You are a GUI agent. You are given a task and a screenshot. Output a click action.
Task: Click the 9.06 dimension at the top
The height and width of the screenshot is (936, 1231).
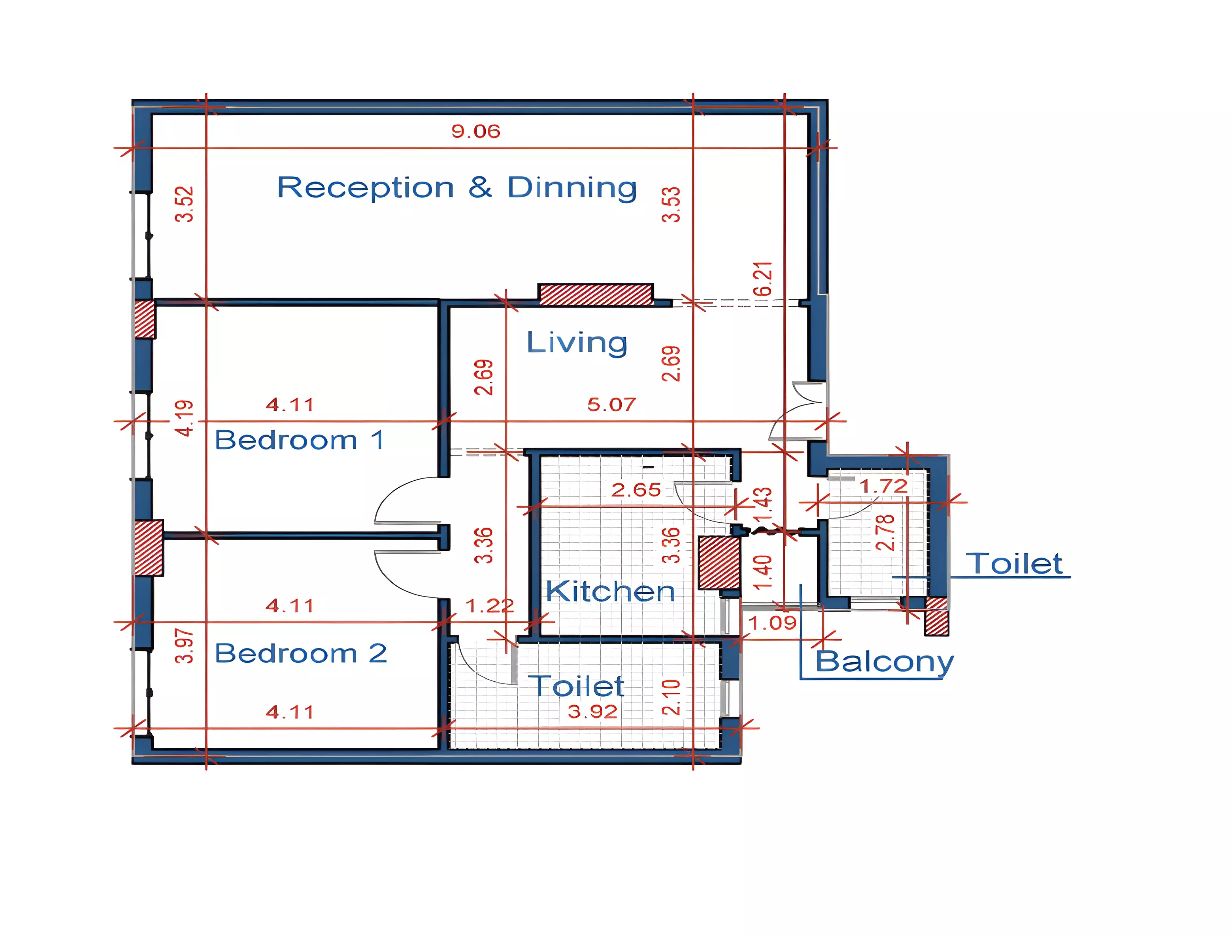point(475,132)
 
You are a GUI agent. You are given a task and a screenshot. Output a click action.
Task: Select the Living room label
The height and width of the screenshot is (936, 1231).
point(577,342)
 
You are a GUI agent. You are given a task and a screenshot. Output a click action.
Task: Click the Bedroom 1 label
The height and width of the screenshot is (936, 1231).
point(299,440)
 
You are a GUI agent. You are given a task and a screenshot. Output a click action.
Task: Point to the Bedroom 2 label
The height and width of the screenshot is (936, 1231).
point(301,653)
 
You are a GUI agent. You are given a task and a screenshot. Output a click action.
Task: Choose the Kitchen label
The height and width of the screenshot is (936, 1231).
point(610,591)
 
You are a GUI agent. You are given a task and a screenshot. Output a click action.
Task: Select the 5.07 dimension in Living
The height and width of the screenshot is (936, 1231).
point(611,404)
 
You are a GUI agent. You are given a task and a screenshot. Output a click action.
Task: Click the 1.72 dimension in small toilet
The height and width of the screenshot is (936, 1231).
point(883,486)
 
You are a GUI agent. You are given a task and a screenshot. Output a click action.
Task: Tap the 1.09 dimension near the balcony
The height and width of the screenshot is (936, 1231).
point(772,623)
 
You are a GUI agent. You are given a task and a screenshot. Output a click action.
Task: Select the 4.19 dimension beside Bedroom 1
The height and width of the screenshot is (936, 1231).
point(184,418)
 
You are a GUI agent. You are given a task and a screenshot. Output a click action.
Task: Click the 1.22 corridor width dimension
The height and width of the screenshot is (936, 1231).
point(489,606)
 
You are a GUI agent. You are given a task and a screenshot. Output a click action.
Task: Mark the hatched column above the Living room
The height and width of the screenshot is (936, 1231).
point(596,294)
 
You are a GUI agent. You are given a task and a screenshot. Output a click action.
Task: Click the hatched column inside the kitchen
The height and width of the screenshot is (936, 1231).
point(719,563)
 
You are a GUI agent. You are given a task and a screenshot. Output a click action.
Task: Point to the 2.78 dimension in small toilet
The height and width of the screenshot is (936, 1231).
point(885,533)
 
